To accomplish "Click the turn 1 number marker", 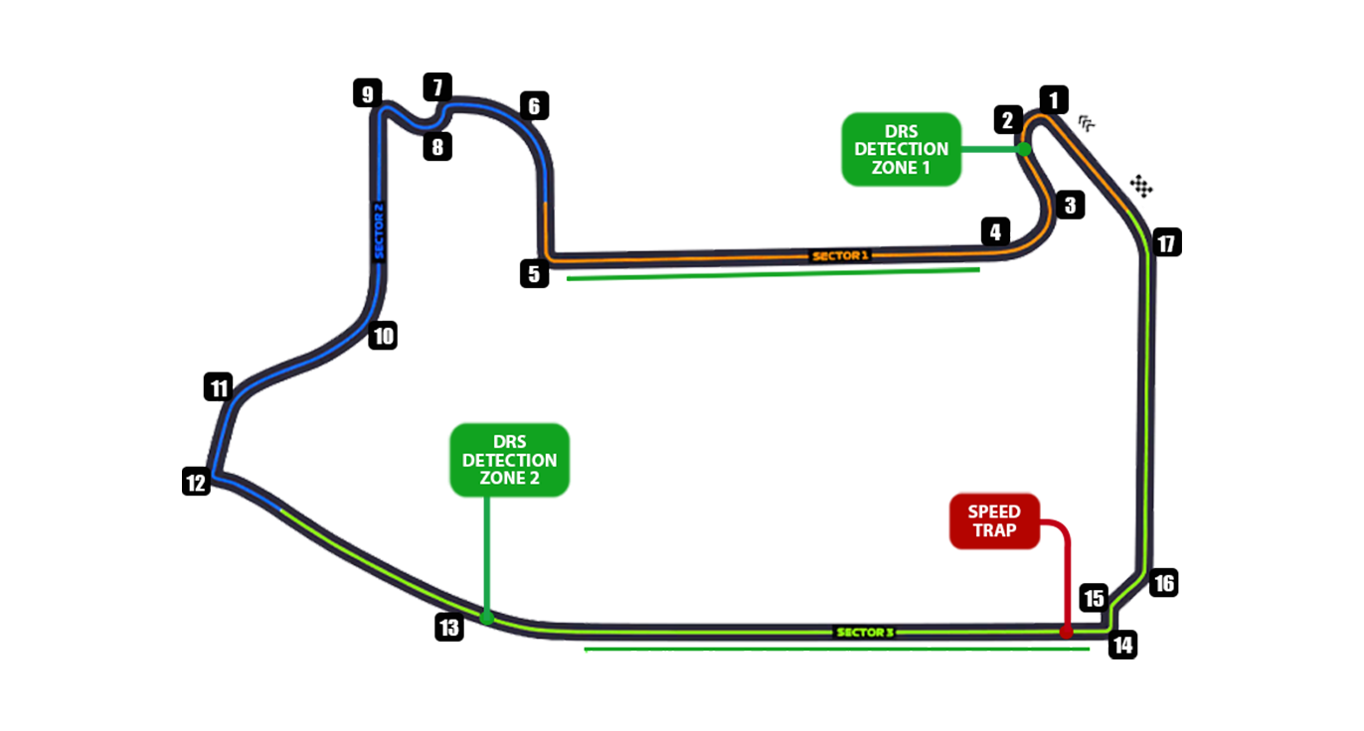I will [1053, 99].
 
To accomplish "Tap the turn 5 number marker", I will [535, 273].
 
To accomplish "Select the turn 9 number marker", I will [368, 94].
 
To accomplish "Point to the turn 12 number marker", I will [196, 483].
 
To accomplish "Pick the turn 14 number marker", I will [1122, 646].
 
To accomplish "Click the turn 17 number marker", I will [1167, 242].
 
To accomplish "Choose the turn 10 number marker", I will [383, 336].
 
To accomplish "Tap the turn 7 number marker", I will [436, 86].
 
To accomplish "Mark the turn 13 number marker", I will [449, 628].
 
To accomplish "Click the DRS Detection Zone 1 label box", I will [901, 149].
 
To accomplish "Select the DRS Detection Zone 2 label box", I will [509, 460].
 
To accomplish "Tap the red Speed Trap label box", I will [994, 520].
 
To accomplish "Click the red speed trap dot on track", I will [1066, 631].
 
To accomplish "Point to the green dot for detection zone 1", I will [1023, 149].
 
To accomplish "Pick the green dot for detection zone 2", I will [487, 618].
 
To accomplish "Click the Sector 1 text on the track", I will [840, 255].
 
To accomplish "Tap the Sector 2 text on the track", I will [378, 231].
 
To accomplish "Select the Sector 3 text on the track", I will [864, 632].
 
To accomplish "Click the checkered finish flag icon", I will [1141, 185].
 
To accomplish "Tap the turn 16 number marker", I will [1163, 583].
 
